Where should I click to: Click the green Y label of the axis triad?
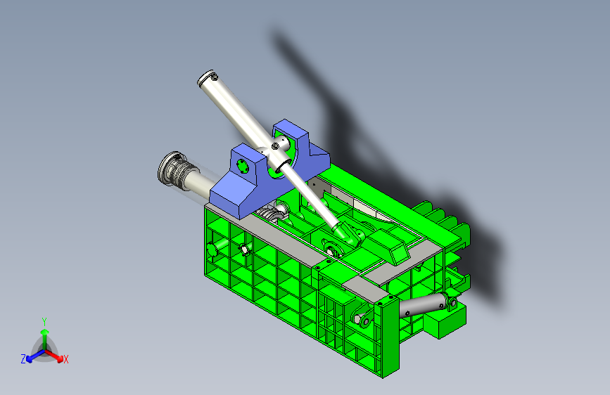(44, 321)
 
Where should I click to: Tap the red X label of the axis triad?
(65, 360)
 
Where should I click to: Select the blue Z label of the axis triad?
(23, 359)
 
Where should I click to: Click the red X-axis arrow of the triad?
(54, 356)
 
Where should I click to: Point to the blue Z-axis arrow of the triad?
(35, 356)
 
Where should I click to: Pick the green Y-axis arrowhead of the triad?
(45, 332)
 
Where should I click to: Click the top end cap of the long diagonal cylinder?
(207, 78)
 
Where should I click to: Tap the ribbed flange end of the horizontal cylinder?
(172, 171)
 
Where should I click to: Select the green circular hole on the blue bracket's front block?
(243, 167)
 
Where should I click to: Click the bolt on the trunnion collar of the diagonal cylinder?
(274, 145)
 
